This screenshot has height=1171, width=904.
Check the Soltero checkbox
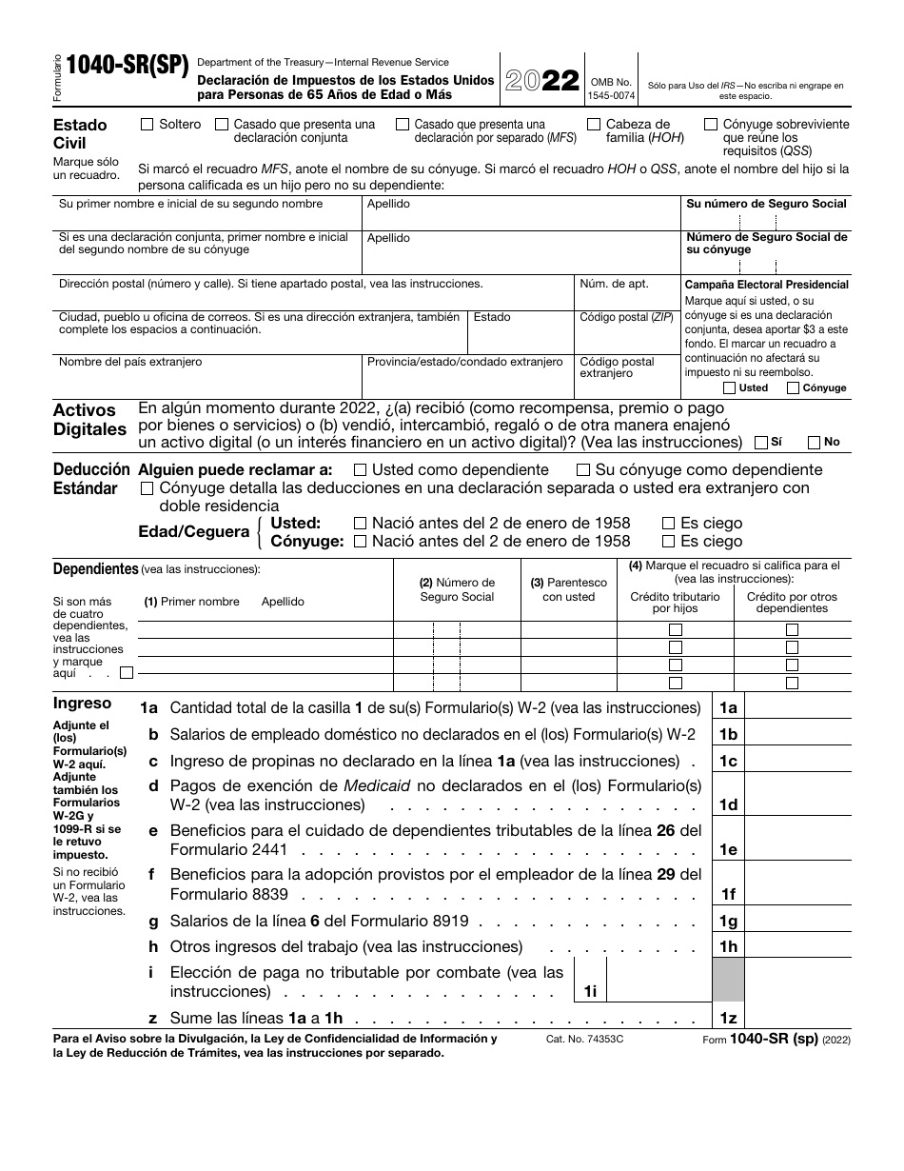pos(147,124)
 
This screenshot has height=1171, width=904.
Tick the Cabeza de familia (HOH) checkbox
pos(594,124)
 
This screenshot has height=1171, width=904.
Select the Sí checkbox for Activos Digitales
pos(760,442)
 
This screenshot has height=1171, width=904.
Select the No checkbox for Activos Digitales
pos(815,442)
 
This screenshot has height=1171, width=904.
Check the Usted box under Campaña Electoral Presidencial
pos(729,387)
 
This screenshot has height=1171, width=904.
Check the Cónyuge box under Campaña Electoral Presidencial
pos(793,387)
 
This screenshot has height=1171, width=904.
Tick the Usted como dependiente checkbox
pos(360,469)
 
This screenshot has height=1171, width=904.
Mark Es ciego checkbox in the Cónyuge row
pos(668,541)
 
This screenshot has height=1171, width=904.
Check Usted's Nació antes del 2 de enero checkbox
pos(360,523)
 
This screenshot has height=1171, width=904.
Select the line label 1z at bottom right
pos(728,1018)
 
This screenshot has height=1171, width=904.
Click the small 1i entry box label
pos(590,991)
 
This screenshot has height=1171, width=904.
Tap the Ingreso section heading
pos(82,704)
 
